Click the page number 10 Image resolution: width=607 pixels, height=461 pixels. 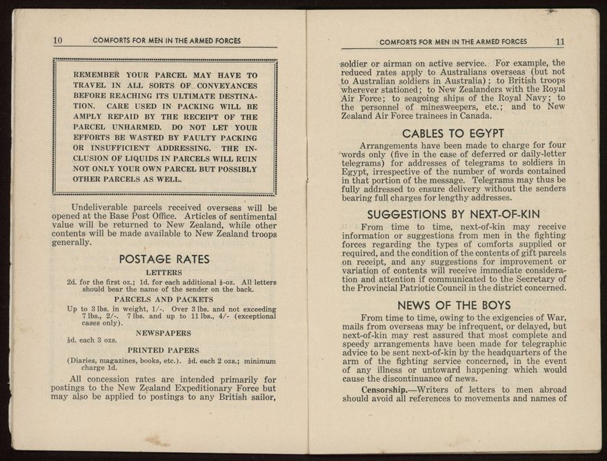[59, 41]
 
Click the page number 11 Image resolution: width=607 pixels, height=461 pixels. [559, 41]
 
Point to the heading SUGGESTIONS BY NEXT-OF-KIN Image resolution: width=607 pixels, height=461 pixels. [453, 214]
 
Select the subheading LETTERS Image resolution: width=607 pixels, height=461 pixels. [164, 273]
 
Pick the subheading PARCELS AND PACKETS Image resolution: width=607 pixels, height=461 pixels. [164, 300]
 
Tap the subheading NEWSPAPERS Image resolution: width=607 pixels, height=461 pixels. [164, 332]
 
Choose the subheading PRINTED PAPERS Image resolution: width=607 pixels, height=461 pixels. [164, 350]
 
